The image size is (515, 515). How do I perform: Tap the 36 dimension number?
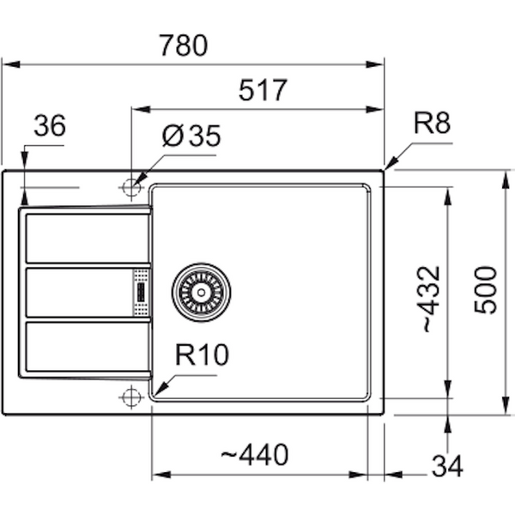click(x=50, y=126)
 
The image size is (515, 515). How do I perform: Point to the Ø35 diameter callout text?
click(x=191, y=136)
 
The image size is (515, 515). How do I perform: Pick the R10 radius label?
click(x=203, y=355)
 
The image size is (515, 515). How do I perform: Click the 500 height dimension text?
click(x=485, y=290)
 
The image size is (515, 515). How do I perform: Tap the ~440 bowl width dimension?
click(x=255, y=454)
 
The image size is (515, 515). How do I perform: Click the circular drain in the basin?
click(x=201, y=291)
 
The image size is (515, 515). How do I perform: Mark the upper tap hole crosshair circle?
click(x=130, y=186)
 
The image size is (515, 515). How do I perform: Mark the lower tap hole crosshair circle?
click(x=130, y=396)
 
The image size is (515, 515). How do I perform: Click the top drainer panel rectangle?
click(x=78, y=238)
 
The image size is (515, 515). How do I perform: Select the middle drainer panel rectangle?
click(x=78, y=293)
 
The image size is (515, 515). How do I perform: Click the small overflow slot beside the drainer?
click(x=140, y=293)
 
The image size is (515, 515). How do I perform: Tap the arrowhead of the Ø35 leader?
click(x=137, y=180)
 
